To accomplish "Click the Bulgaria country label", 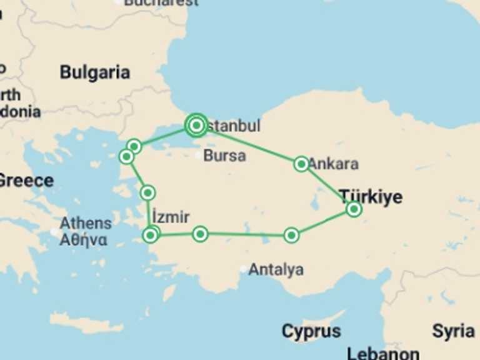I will pyautogui.click(x=95, y=72).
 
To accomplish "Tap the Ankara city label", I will pyautogui.click(x=334, y=164).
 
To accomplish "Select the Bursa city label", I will pyautogui.click(x=225, y=156).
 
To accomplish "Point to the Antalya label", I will pyautogui.click(x=276, y=270).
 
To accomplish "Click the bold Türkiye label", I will pyautogui.click(x=371, y=197).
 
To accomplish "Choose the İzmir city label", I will pyautogui.click(x=171, y=217).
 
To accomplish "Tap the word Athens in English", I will pyautogui.click(x=86, y=223).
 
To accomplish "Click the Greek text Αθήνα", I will pyautogui.click(x=83, y=240).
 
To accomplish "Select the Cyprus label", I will pyautogui.click(x=311, y=331).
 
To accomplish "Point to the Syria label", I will pyautogui.click(x=453, y=331).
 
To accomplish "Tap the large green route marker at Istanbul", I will pyautogui.click(x=196, y=126).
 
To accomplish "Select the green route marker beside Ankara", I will pyautogui.click(x=301, y=164).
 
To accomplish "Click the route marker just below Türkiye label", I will pyautogui.click(x=354, y=209).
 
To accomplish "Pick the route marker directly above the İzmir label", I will pyautogui.click(x=147, y=192).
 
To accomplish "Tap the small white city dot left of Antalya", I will pyautogui.click(x=244, y=269).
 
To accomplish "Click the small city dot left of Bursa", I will pyautogui.click(x=199, y=155).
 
